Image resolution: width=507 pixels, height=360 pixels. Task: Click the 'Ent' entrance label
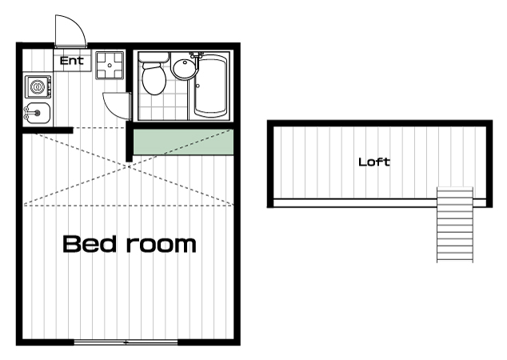point(71,61)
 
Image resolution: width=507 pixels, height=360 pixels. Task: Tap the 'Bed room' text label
point(130,244)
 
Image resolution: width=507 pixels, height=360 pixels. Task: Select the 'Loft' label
point(374,162)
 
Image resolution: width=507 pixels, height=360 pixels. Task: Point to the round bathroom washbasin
point(184,68)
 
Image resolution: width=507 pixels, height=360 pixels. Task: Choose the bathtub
point(210,85)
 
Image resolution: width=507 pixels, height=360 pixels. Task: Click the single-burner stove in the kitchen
point(38,86)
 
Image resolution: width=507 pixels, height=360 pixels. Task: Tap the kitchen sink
point(37,113)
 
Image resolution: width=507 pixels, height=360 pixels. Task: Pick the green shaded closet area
point(183,142)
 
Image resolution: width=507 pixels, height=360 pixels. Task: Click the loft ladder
point(454,225)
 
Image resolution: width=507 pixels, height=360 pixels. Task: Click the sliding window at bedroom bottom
point(126,342)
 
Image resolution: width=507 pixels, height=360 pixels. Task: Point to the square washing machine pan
point(110,66)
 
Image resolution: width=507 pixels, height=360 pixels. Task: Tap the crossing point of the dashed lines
point(129,167)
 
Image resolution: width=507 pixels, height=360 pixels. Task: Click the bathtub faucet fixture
point(197,55)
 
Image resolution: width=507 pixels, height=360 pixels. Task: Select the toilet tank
point(154,58)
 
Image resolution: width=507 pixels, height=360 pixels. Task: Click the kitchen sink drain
point(38,113)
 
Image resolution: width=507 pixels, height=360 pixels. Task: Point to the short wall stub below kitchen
point(47,130)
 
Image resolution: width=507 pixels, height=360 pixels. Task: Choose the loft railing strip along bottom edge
point(380,203)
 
